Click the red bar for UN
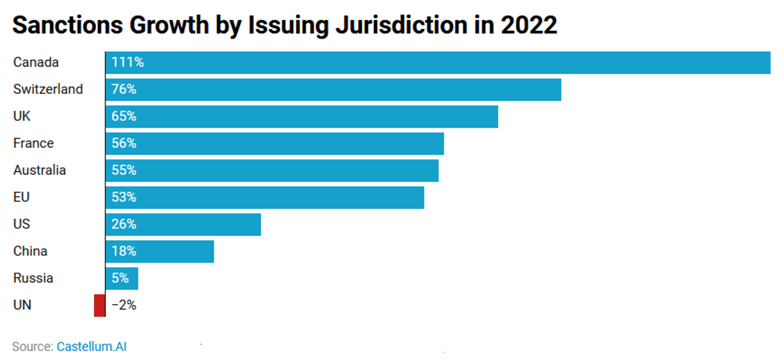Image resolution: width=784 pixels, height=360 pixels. point(99,305)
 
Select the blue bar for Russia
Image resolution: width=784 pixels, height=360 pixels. point(122,279)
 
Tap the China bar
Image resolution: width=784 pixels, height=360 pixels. point(160,251)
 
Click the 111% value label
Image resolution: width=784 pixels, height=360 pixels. point(128,62)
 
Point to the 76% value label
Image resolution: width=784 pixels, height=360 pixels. point(124,89)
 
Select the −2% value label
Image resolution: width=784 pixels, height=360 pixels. point(124,305)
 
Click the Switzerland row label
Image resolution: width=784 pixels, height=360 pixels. point(48,89)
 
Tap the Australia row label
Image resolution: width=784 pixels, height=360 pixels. point(40,170)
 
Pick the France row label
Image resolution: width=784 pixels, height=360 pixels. point(34,143)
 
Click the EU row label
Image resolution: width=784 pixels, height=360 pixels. point(21,197)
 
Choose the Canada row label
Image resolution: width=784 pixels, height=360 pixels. point(36,62)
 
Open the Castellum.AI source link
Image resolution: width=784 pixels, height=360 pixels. point(91,346)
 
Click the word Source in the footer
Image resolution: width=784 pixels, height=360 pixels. point(33,346)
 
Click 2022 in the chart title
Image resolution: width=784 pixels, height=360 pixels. point(529,25)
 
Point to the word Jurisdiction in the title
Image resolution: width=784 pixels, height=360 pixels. point(402,25)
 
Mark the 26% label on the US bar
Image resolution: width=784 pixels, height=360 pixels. point(124,224)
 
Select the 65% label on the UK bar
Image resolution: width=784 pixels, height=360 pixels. point(124,116)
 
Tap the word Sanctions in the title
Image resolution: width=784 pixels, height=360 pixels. point(68,25)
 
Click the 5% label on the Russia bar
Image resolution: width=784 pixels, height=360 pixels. point(120,278)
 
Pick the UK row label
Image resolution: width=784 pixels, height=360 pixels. point(22,116)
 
